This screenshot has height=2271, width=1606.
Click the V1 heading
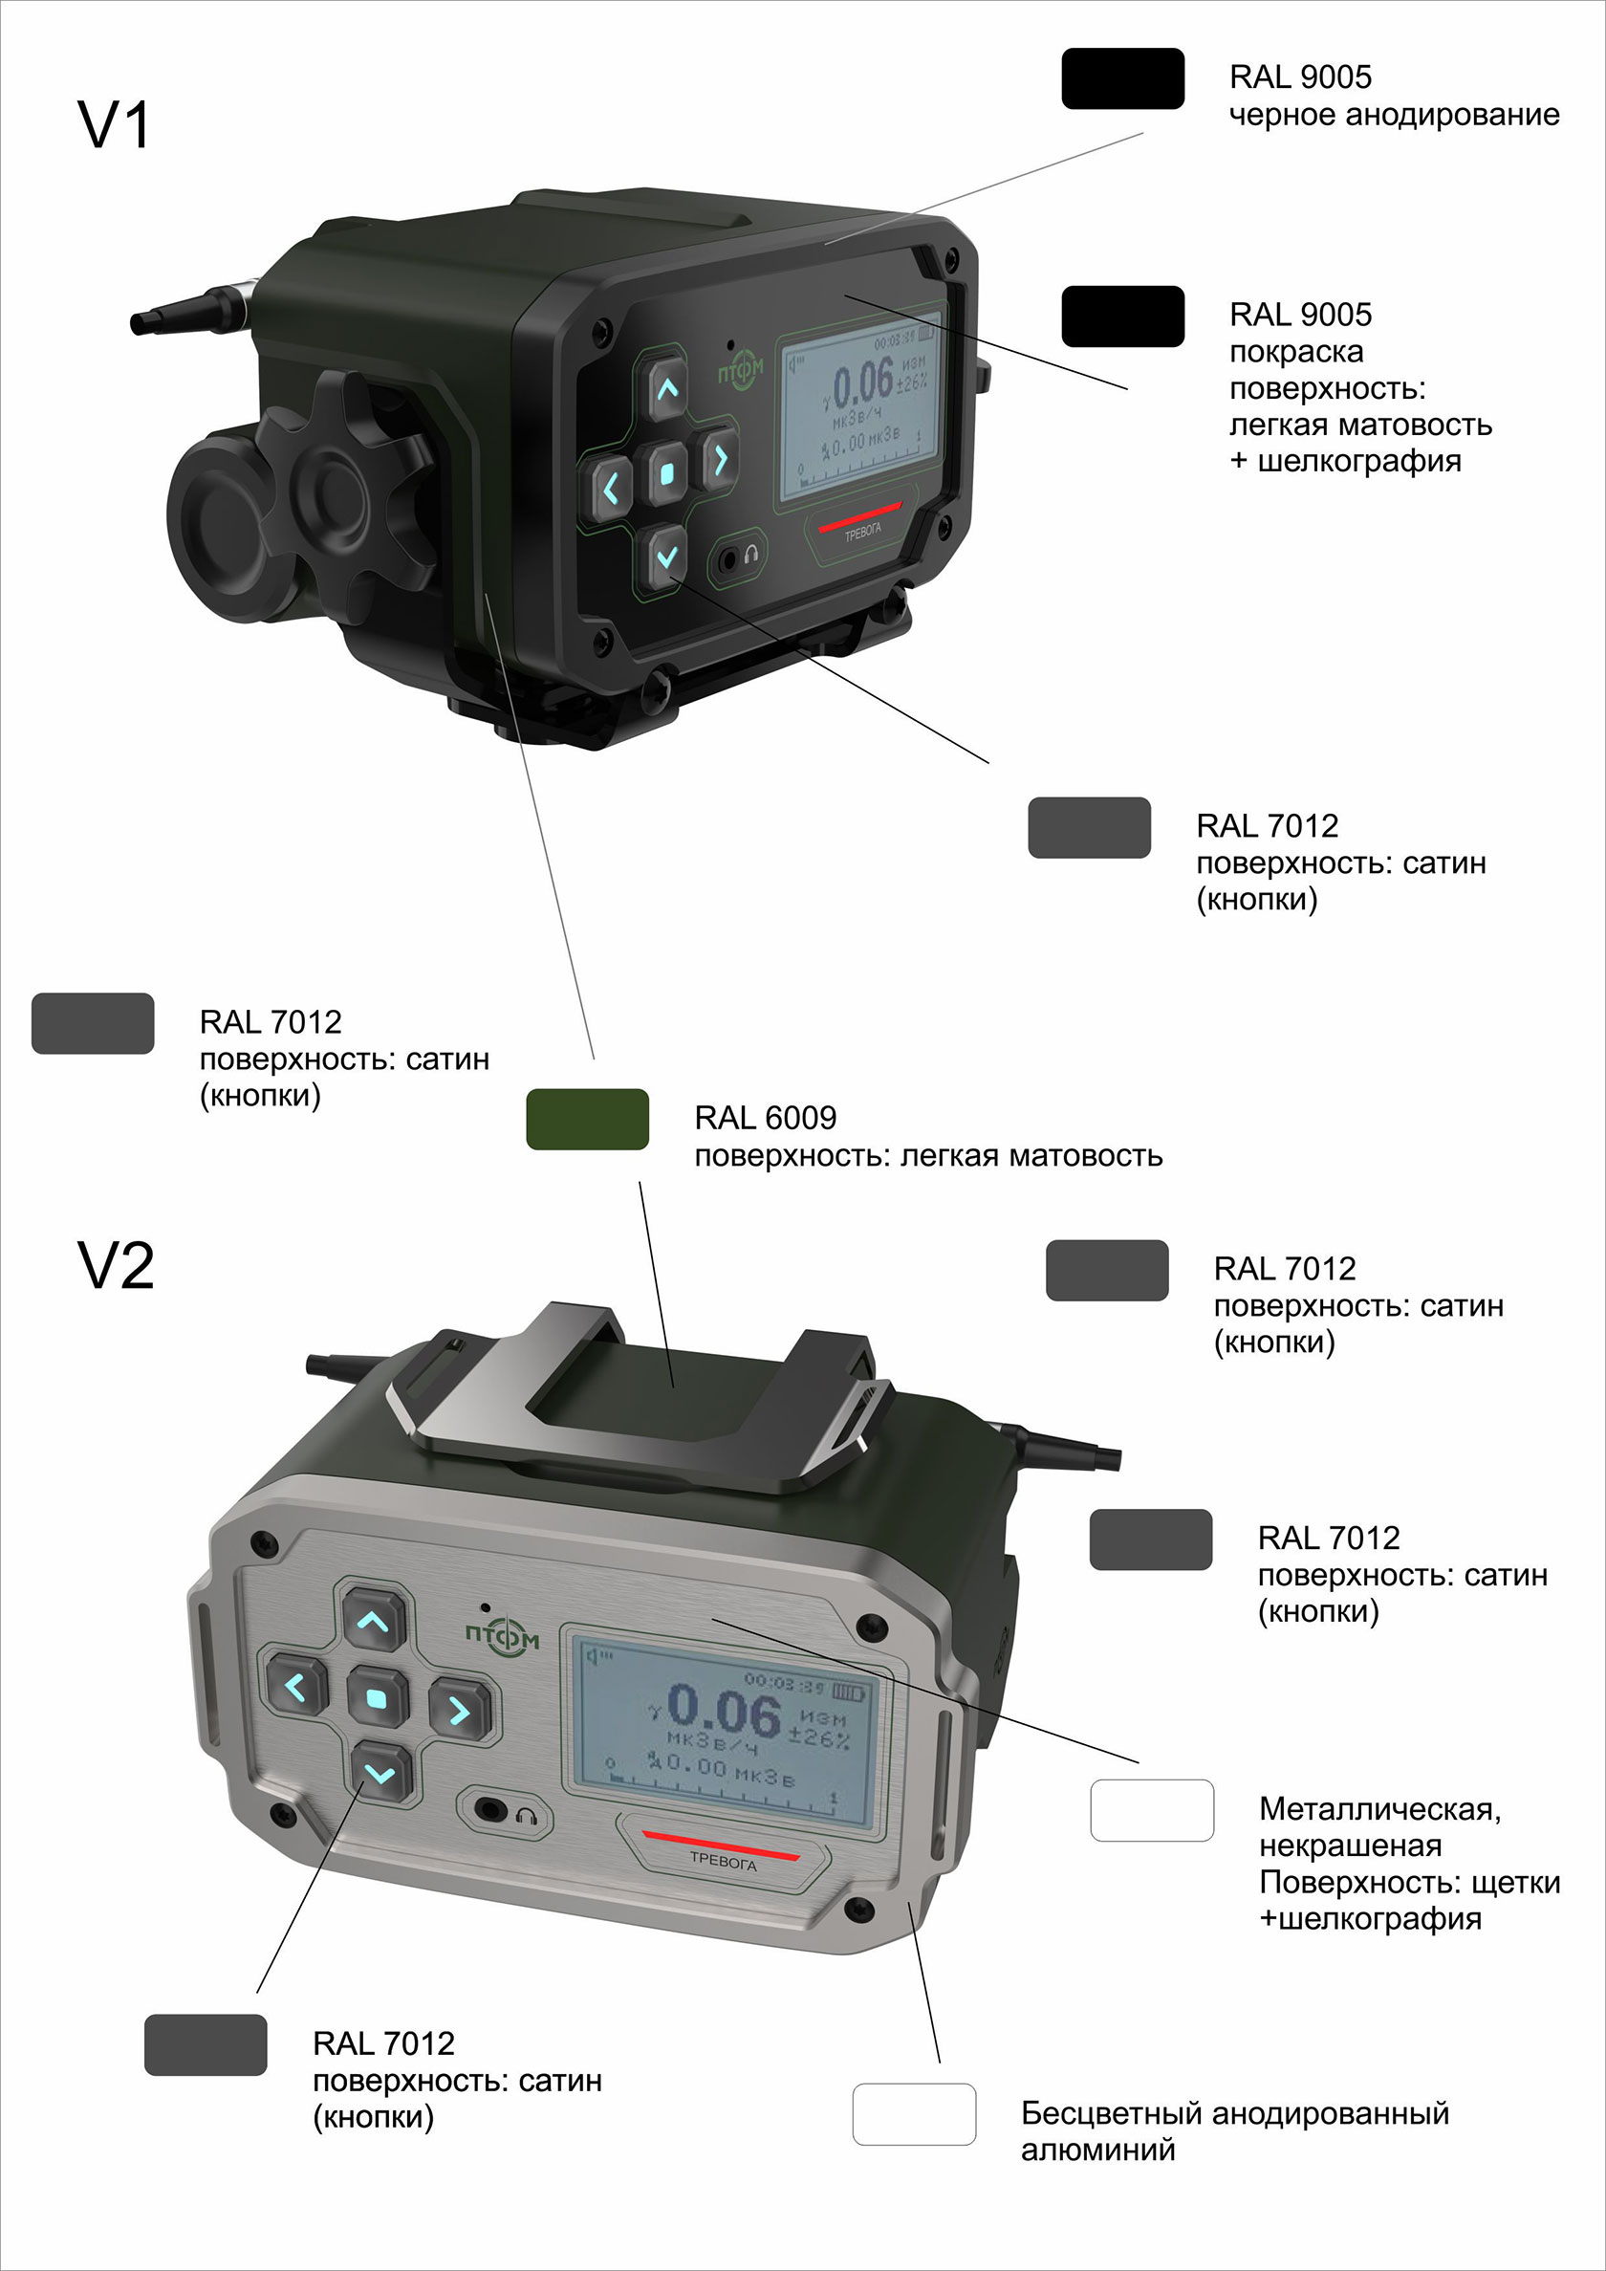[x=114, y=125]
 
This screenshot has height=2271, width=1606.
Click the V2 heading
[x=116, y=1265]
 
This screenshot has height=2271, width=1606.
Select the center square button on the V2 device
[x=377, y=1699]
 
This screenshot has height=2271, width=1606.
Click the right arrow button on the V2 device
[x=459, y=1710]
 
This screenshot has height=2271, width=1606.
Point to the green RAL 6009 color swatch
[x=587, y=1119]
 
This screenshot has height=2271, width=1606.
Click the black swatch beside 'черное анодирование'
[x=1122, y=78]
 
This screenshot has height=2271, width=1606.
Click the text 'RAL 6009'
[x=766, y=1118]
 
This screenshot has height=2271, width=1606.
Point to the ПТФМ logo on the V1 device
[x=741, y=371]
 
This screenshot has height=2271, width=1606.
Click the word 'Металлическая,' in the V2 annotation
[x=1379, y=1809]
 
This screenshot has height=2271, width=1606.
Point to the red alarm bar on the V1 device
[x=859, y=516]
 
